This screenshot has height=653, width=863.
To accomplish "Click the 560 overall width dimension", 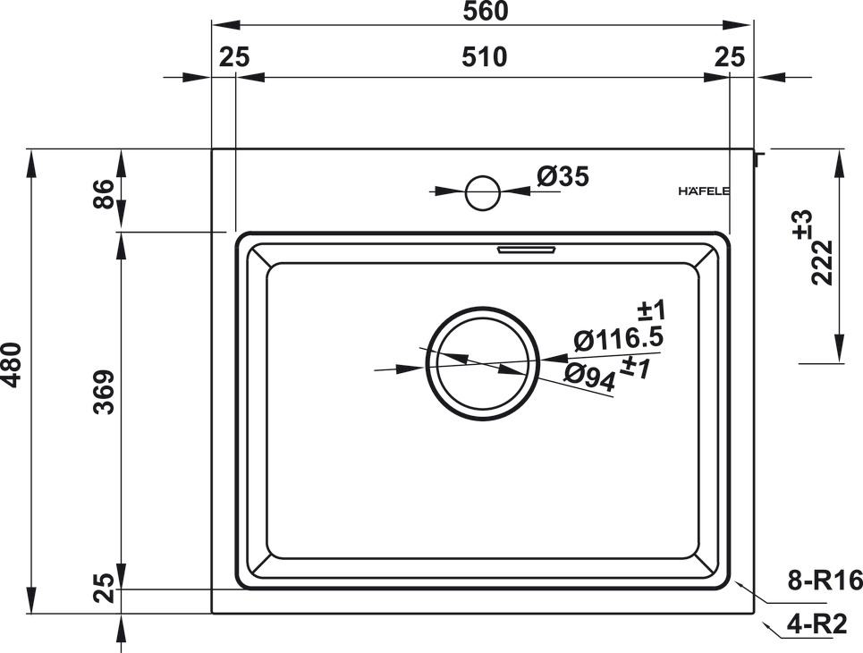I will tap(486, 12).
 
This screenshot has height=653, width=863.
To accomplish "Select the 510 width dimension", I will tap(486, 57).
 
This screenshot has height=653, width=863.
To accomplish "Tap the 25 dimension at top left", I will tap(233, 57).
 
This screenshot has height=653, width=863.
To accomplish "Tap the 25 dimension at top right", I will tap(731, 57).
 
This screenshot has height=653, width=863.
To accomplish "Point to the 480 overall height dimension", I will tap(11, 365).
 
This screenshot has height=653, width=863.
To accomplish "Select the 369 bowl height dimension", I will tap(105, 391).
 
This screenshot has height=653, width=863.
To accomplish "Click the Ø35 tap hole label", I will tap(563, 177).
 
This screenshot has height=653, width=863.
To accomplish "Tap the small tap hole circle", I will tap(483, 191).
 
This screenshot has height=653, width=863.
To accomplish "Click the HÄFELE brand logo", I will tap(704, 191).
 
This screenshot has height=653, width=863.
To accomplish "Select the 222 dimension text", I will tap(824, 262).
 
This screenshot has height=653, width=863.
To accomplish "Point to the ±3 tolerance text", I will tap(802, 222).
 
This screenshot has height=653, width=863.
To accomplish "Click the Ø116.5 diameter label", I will tap(617, 339).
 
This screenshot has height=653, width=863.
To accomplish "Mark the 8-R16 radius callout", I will tap(825, 582).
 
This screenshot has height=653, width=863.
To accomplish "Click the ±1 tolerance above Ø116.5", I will tap(653, 311).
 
